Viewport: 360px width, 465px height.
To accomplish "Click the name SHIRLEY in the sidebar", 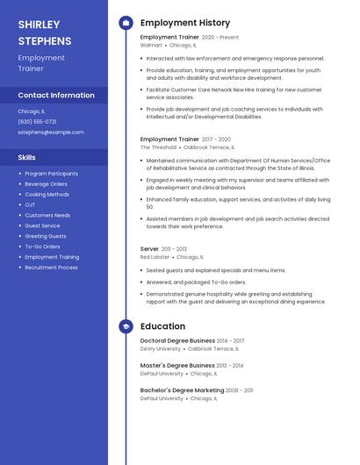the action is [39, 25].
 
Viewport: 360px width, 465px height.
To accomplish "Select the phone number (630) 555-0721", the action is [37, 122].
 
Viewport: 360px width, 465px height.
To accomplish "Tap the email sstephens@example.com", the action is [51, 132].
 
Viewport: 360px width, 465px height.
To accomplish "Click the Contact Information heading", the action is [56, 95].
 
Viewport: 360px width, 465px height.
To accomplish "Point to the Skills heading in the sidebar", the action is [27, 157].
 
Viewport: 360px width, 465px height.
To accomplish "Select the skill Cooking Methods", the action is [47, 195].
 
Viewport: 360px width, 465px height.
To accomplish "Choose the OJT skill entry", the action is [31, 205].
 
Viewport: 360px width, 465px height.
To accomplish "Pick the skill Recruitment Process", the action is [51, 268].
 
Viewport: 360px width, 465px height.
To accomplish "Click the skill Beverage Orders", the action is [46, 184].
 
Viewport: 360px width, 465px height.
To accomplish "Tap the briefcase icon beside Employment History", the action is [126, 23].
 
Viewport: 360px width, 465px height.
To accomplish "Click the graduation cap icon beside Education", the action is [126, 326].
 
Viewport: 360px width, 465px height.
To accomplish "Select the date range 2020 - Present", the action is [220, 38].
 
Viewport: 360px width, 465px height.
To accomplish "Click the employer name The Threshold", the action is [159, 147].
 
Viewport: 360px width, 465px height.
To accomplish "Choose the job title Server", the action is [149, 249].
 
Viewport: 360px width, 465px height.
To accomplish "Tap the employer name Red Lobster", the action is [155, 258].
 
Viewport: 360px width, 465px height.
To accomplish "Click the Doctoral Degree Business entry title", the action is [177, 340].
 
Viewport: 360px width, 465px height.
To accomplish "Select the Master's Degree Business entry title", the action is [177, 365].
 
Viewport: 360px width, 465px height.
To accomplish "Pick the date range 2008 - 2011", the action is [239, 390].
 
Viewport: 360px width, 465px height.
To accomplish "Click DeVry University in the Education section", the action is [161, 349].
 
